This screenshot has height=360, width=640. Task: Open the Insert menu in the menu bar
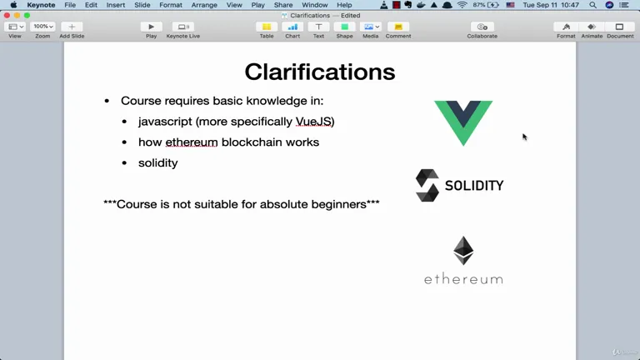point(116,5)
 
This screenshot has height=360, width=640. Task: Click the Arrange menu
point(204,5)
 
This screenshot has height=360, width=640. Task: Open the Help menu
point(344,5)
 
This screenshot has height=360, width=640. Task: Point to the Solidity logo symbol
point(427,185)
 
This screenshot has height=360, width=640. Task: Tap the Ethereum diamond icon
point(463,251)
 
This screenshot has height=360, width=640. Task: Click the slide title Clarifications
point(320,72)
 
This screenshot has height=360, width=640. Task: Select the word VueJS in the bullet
point(313,122)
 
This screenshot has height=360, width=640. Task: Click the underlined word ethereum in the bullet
point(192,142)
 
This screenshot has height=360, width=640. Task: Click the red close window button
point(7,16)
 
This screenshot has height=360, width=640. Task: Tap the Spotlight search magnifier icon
point(592,5)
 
